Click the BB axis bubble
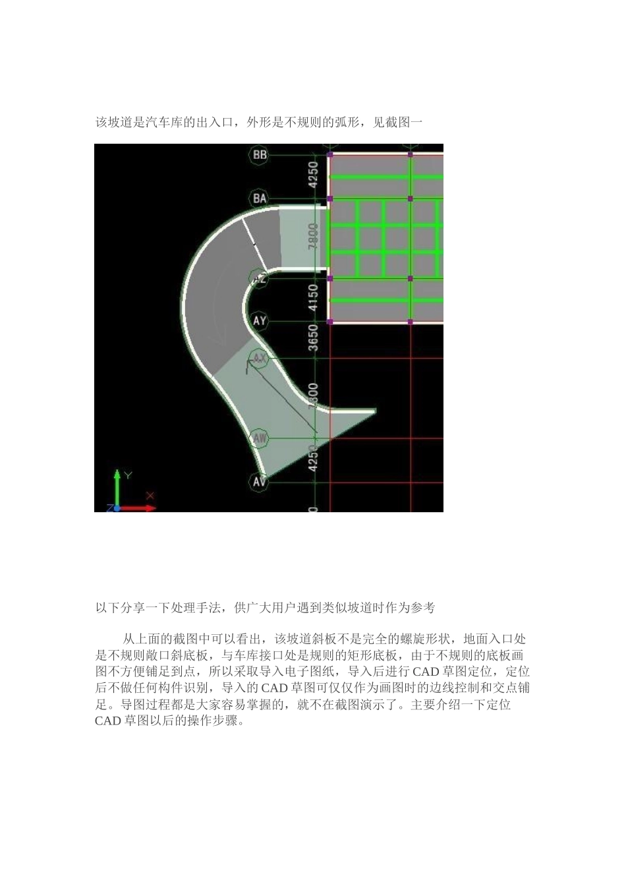click(260, 155)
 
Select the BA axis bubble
click(260, 198)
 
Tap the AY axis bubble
click(260, 321)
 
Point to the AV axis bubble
click(260, 482)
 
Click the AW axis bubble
click(260, 438)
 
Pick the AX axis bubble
click(259, 359)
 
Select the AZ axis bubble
click(259, 279)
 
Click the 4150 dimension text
click(314, 300)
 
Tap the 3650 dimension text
click(314, 339)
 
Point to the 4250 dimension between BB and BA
click(314, 175)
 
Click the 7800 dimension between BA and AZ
click(314, 237)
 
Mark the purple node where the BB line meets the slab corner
click(330, 155)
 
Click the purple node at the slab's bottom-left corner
click(330, 322)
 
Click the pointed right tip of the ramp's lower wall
click(374, 411)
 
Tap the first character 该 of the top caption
click(101, 122)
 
